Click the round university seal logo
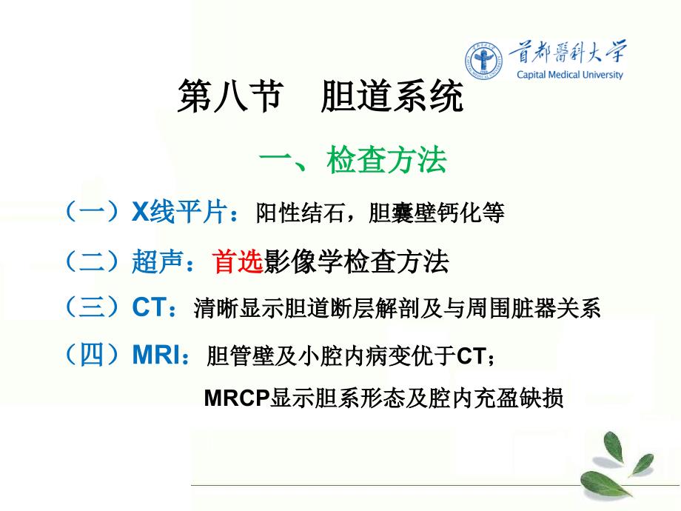pyautogui.click(x=483, y=61)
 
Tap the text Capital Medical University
pyautogui.click(x=569, y=75)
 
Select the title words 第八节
pyautogui.click(x=230, y=96)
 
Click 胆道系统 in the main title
pyautogui.click(x=392, y=96)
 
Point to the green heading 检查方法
pyautogui.click(x=386, y=160)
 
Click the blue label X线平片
pyautogui.click(x=179, y=212)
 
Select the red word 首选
pyautogui.click(x=238, y=261)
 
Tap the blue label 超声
pyautogui.click(x=157, y=261)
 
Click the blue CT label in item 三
pyautogui.click(x=150, y=307)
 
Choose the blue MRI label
pyautogui.click(x=156, y=355)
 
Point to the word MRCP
pyautogui.click(x=237, y=398)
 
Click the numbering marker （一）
pyautogui.click(x=92, y=212)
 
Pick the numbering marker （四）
pyautogui.click(x=92, y=355)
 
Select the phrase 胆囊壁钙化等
pyautogui.click(x=436, y=213)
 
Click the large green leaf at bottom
pyautogui.click(x=606, y=483)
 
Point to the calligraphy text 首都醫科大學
pyautogui.click(x=568, y=53)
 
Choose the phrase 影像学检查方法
pyautogui.click(x=356, y=261)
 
